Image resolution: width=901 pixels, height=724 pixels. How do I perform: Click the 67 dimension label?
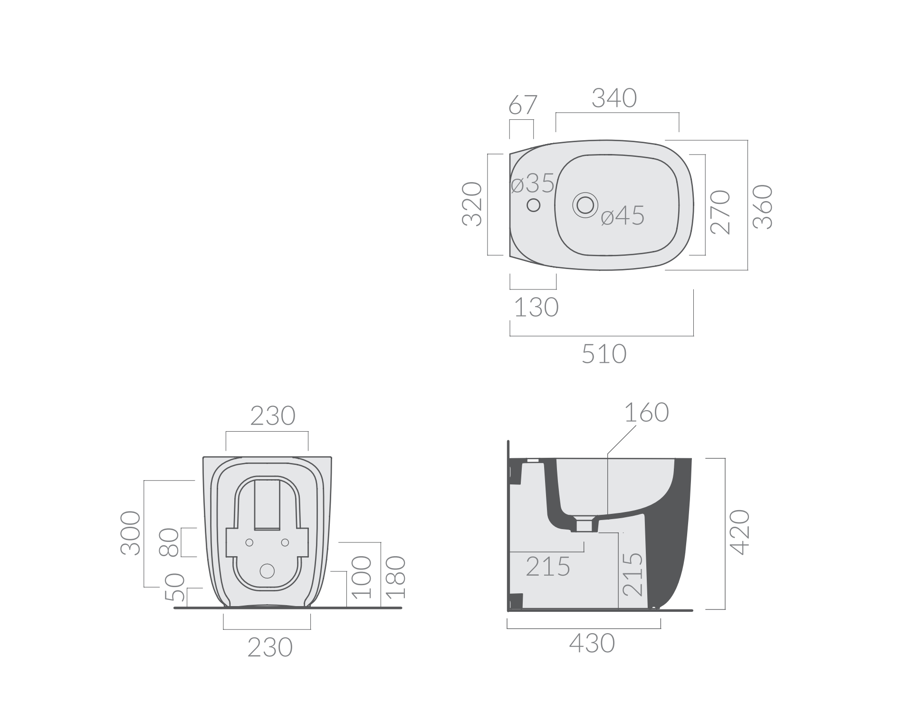tap(523, 105)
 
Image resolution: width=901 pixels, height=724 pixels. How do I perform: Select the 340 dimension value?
tap(614, 98)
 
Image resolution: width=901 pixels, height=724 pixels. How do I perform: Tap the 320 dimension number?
tap(473, 204)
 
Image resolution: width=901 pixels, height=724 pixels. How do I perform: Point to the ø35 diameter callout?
tap(533, 183)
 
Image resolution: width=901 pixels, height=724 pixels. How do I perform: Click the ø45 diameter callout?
tap(623, 215)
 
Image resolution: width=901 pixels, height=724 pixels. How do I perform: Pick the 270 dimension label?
tap(720, 212)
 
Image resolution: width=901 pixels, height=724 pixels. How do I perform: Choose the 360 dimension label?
tap(763, 207)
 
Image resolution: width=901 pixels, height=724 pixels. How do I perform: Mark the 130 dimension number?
tap(537, 307)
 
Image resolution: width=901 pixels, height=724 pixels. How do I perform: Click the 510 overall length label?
tap(604, 354)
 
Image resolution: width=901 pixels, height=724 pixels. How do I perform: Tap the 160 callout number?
tap(646, 412)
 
